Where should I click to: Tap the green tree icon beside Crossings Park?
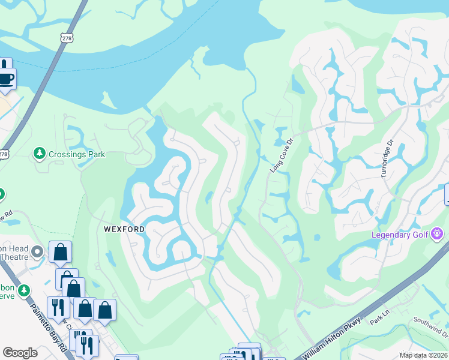click(x=40, y=154)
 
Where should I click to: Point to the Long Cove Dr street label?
click(x=281, y=156)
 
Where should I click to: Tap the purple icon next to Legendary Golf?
click(x=438, y=233)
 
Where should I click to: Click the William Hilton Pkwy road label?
click(x=338, y=339)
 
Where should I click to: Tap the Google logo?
click(x=20, y=353)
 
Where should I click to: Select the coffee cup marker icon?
click(x=6, y=79)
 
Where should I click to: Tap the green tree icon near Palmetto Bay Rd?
click(x=24, y=290)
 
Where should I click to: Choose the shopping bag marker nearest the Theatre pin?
click(x=61, y=253)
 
